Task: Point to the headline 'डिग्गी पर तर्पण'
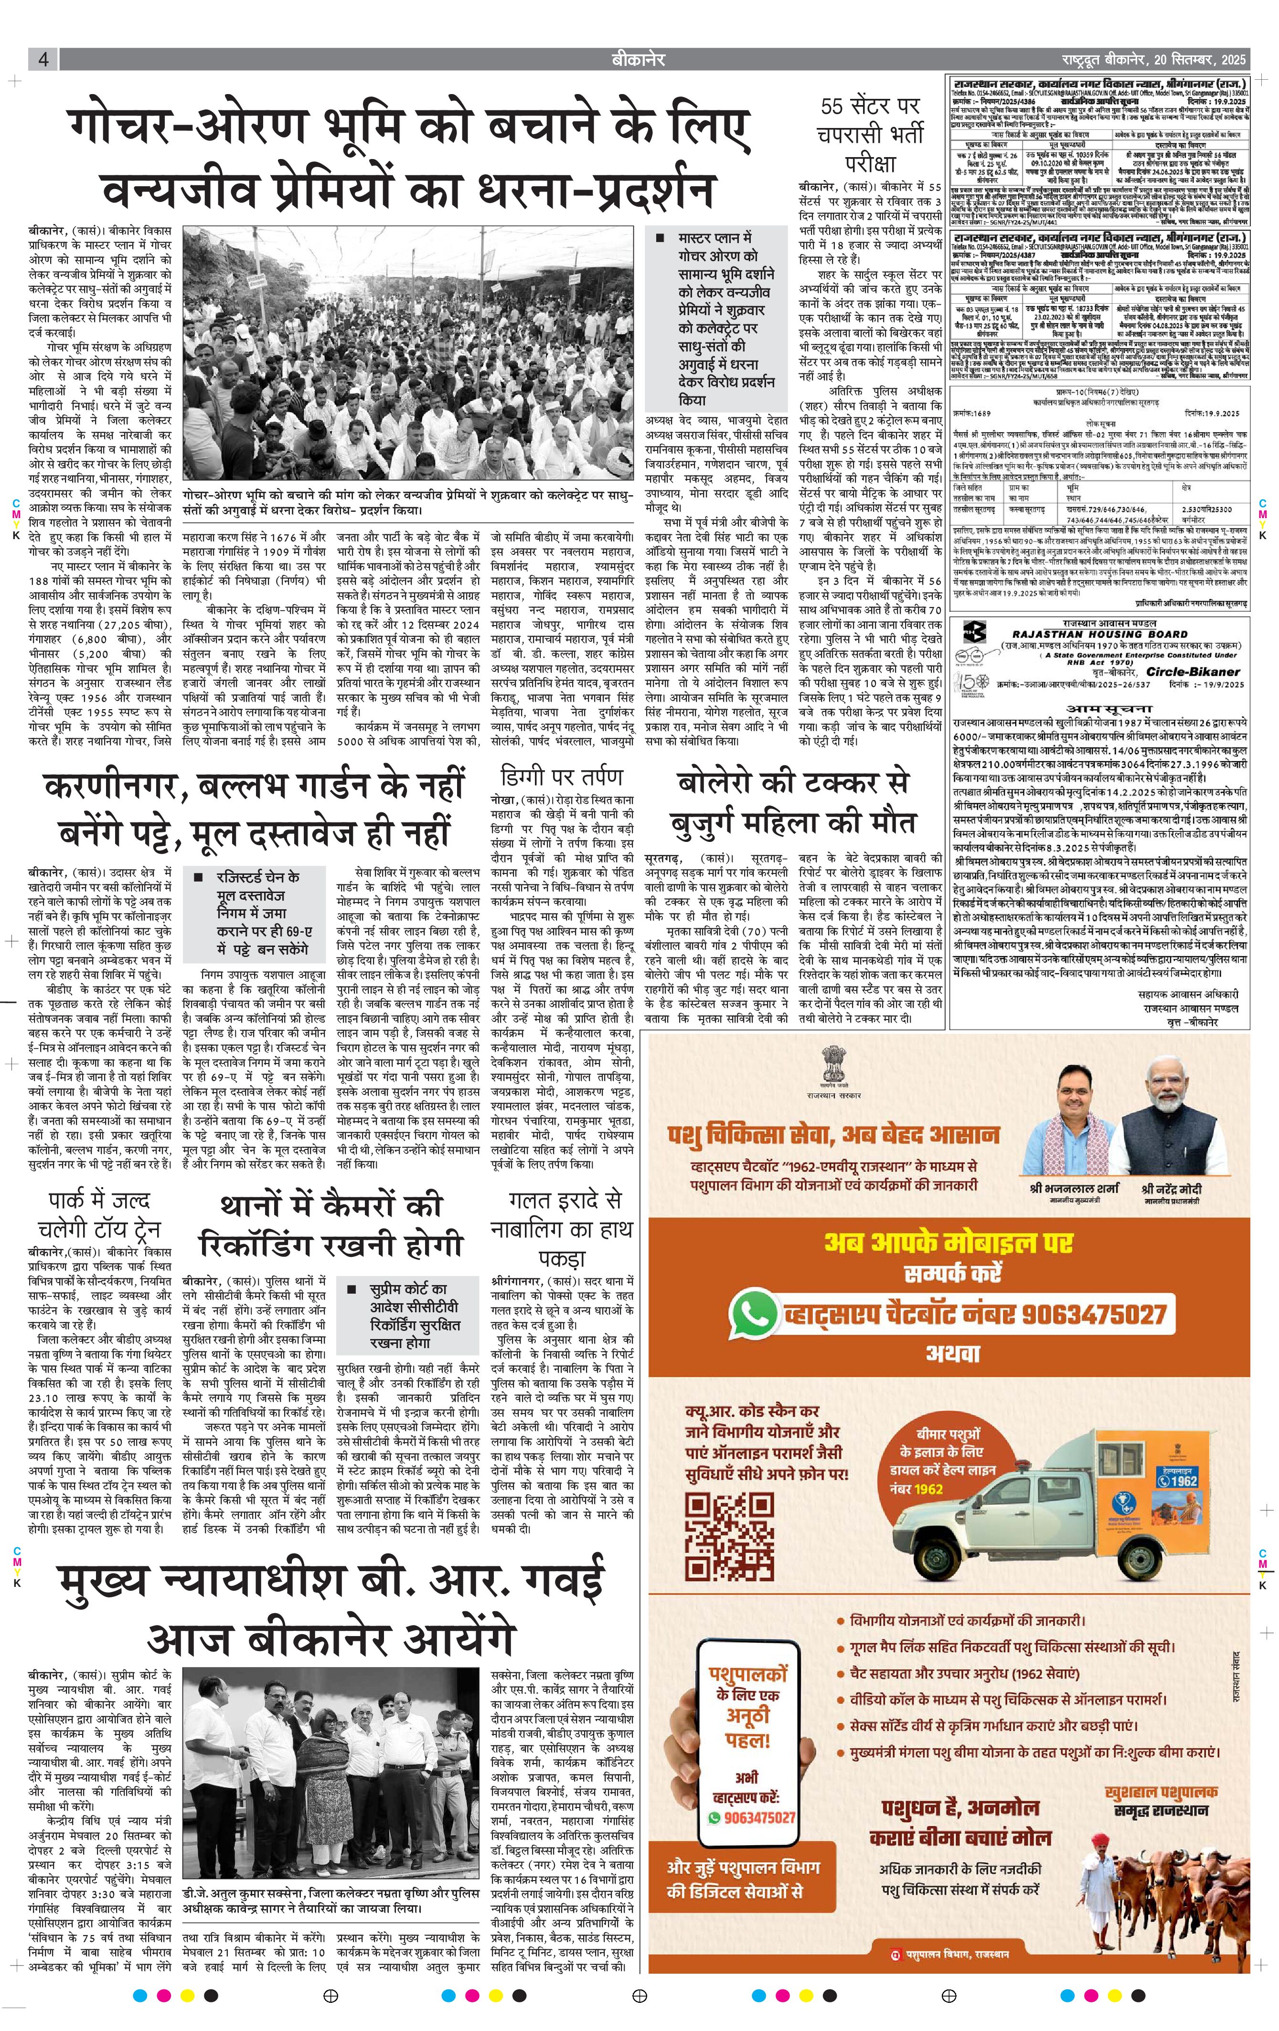(561, 776)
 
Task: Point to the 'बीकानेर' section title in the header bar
(639, 59)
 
